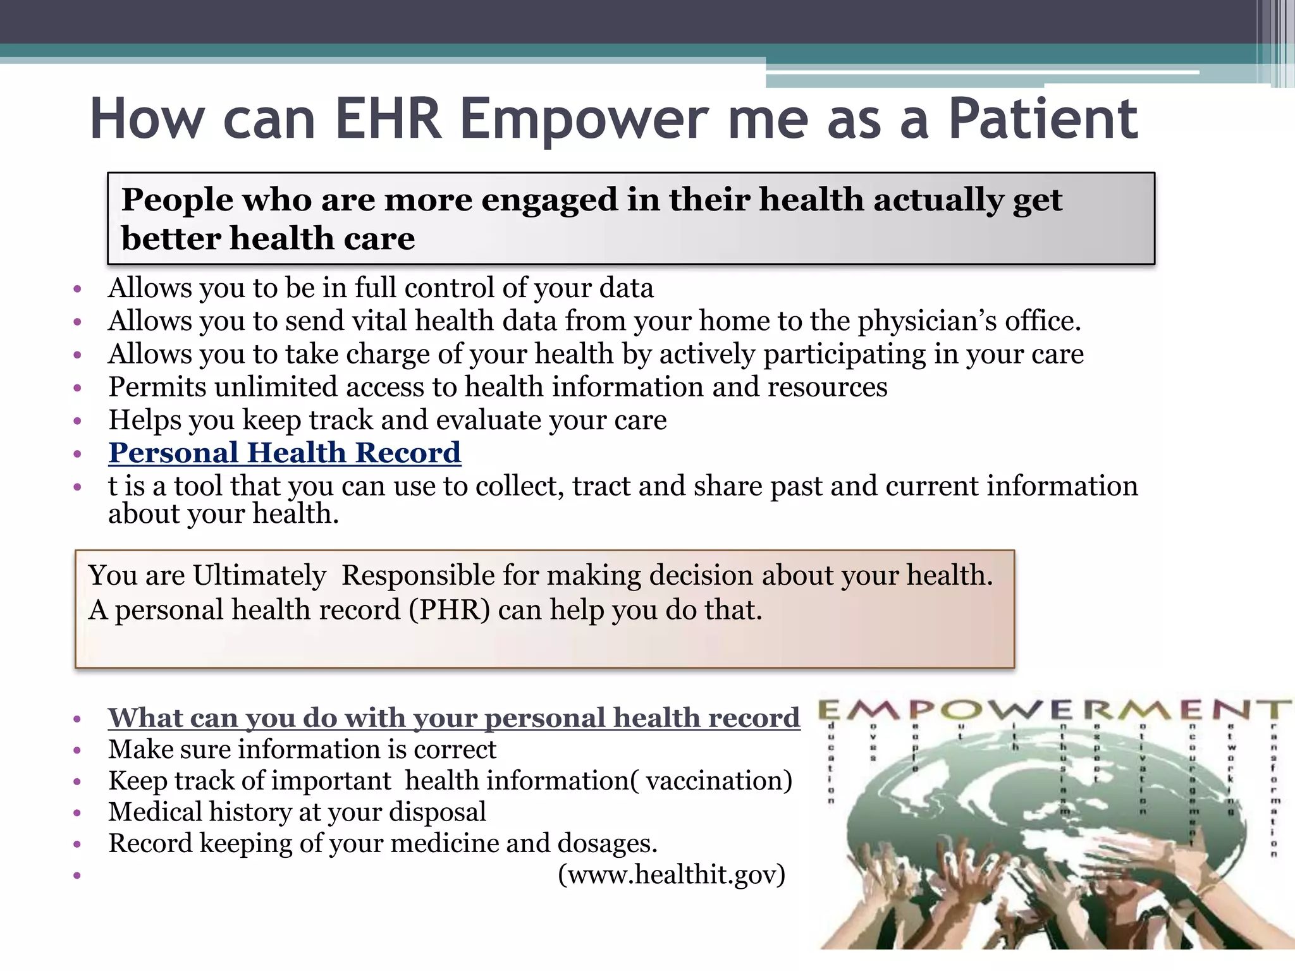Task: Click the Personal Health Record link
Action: click(285, 453)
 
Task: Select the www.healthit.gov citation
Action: click(672, 874)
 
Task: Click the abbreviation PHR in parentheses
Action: click(450, 610)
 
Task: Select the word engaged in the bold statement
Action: click(549, 200)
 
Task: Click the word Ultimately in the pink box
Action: click(259, 575)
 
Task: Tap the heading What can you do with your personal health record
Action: click(453, 718)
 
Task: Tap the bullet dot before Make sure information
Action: click(77, 750)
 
